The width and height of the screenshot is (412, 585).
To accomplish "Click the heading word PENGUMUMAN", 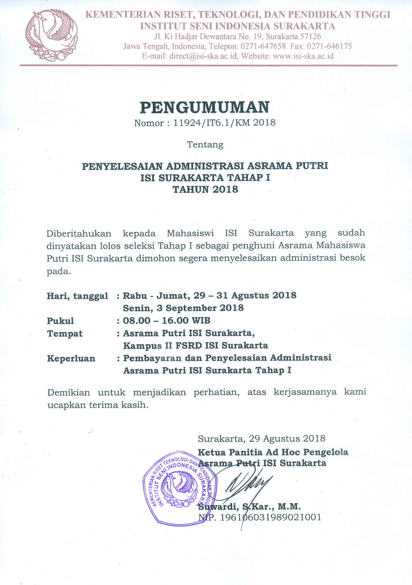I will [x=204, y=107].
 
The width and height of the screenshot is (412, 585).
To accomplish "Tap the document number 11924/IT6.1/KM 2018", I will [x=224, y=123].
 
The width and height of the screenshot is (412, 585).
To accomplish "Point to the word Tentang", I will [x=205, y=145].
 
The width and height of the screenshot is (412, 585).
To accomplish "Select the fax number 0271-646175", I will [x=329, y=46].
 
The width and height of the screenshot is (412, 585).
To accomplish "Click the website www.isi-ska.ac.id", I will [x=303, y=56].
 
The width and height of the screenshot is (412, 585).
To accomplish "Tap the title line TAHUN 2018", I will [x=205, y=190].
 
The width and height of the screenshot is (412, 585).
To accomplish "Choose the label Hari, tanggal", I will [x=77, y=296].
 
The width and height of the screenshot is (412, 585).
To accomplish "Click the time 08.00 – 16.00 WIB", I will [x=166, y=320].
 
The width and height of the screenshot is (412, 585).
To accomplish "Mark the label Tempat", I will [x=65, y=334].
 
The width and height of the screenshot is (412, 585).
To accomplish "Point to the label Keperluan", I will [x=71, y=358].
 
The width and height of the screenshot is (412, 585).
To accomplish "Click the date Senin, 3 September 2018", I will [x=183, y=308].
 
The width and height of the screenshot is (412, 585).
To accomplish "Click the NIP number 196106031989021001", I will [x=270, y=517].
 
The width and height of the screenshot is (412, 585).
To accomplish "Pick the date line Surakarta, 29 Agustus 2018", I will [x=262, y=438].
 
